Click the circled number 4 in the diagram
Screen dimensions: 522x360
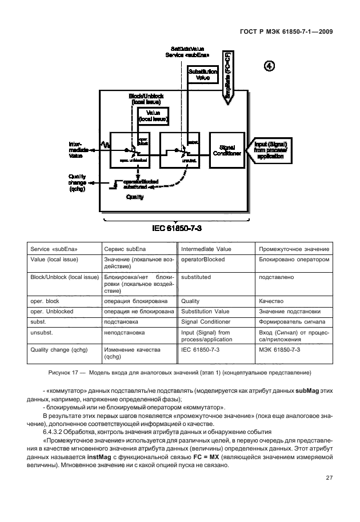pyautogui.click(x=269, y=65)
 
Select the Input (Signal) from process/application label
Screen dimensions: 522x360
pyautogui.click(x=271, y=150)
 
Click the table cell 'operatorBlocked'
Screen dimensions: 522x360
pyautogui.click(x=203, y=260)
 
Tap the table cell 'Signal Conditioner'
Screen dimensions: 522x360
pyautogui.click(x=205, y=322)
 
